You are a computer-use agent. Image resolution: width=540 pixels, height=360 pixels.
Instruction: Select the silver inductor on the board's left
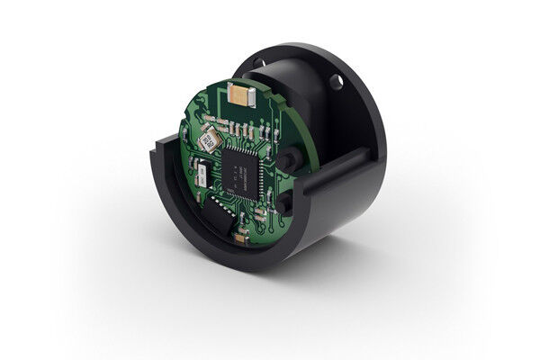[x=209, y=138]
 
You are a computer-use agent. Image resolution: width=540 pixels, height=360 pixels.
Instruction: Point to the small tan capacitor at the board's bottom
[x=240, y=238]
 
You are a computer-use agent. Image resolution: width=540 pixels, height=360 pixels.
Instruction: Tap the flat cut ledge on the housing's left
[x=163, y=149]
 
